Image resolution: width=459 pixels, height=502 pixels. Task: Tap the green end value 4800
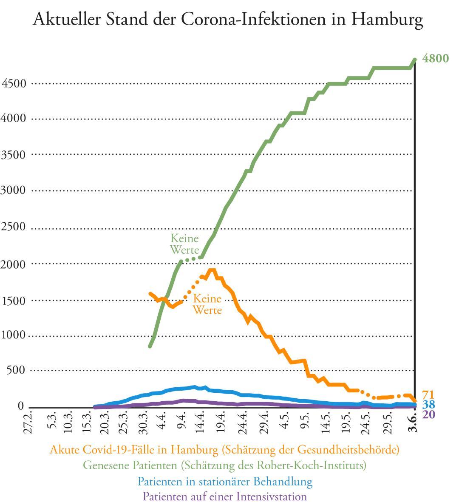click(x=435, y=59)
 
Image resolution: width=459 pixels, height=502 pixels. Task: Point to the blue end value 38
click(x=428, y=404)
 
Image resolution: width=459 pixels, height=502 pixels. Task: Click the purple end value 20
click(x=428, y=414)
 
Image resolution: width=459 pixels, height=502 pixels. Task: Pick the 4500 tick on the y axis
click(x=14, y=83)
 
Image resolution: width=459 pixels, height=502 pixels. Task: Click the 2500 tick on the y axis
click(x=14, y=227)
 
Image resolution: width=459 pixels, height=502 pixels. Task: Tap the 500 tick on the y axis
click(x=16, y=370)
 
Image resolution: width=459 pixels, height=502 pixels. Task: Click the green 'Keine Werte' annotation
click(x=184, y=244)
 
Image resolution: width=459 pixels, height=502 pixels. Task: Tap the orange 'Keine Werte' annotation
click(x=207, y=304)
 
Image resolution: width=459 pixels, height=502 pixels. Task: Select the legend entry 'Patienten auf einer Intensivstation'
click(x=224, y=496)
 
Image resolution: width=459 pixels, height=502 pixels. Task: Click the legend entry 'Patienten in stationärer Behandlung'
click(x=225, y=481)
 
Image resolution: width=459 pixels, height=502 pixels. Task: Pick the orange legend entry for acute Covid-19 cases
click(x=224, y=449)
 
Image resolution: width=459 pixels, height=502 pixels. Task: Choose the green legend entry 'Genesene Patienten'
click(x=224, y=465)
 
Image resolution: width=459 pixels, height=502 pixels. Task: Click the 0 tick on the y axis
click(x=20, y=406)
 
